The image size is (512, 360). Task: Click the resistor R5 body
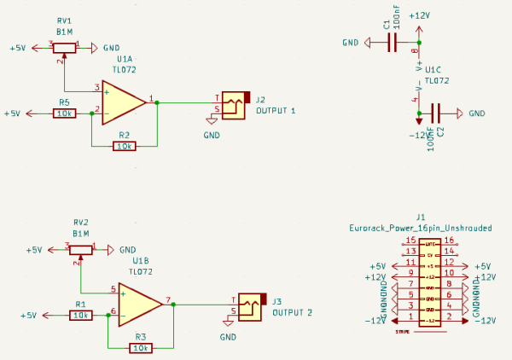[64, 113]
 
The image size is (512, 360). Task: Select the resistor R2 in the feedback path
[125, 146]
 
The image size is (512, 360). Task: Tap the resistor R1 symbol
[80, 315]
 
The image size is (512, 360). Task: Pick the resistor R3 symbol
[140, 347]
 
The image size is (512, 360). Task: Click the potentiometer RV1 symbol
[65, 47]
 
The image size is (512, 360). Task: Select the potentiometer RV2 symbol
[81, 250]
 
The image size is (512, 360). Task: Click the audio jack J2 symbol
[234, 103]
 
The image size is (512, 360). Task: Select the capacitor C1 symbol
[393, 42]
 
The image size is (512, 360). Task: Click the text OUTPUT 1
[276, 111]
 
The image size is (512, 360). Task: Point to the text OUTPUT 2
[292, 312]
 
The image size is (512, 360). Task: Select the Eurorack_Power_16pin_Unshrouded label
[421, 228]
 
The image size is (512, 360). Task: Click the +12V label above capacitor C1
[419, 15]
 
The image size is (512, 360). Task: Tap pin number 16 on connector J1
[448, 241]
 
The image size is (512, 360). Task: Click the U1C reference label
[433, 70]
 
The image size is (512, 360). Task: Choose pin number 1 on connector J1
[411, 316]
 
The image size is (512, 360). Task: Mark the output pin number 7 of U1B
[168, 299]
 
